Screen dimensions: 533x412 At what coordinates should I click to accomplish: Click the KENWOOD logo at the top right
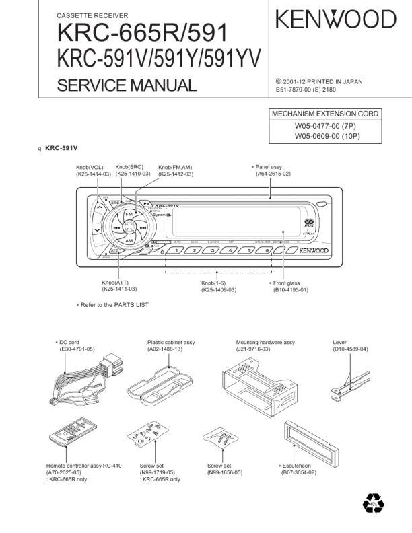(335, 19)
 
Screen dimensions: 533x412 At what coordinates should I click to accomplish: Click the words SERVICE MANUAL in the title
(127, 85)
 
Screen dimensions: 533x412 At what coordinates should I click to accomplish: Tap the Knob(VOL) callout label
(90, 167)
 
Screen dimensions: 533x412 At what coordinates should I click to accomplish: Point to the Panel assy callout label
(269, 166)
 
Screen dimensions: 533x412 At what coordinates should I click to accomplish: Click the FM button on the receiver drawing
(129, 214)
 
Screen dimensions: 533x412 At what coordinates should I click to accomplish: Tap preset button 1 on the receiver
(174, 250)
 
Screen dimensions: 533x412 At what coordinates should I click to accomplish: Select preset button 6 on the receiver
(267, 250)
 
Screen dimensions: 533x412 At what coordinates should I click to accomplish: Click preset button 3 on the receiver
(212, 250)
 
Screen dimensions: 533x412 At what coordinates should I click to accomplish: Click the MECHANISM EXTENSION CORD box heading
(324, 114)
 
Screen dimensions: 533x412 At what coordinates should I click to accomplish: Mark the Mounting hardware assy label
(265, 343)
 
